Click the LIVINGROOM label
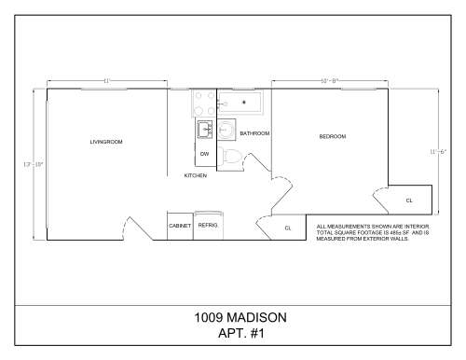[x=106, y=142]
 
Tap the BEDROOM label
[x=333, y=137]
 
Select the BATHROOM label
[x=254, y=134]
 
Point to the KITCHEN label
[x=195, y=175]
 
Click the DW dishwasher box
[x=204, y=153]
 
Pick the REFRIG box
[x=207, y=225]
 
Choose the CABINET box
[x=180, y=226]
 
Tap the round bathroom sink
[x=226, y=130]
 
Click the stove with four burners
[x=204, y=103]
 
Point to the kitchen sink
[x=204, y=130]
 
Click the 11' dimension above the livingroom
[x=107, y=81]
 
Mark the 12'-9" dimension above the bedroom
[x=329, y=81]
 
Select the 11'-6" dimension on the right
[x=438, y=151]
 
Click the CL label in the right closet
[x=409, y=201]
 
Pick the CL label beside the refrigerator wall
[x=288, y=228]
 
